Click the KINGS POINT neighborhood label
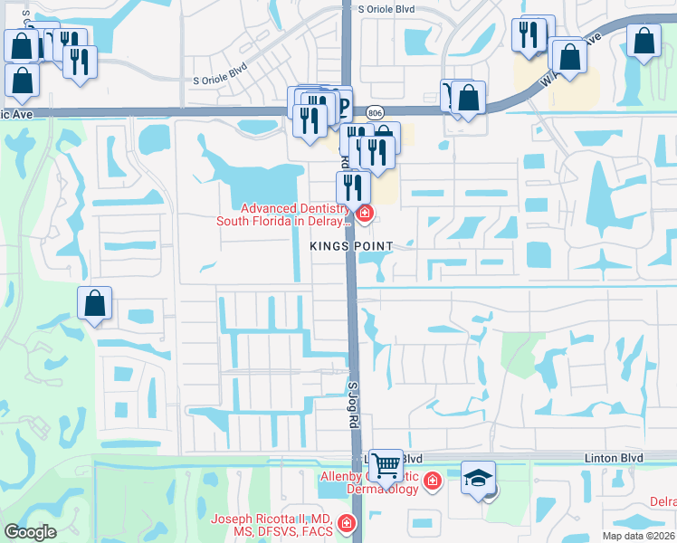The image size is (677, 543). pyautogui.click(x=352, y=246)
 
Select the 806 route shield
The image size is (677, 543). pyautogui.click(x=375, y=112)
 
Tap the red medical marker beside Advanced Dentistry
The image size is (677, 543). pyautogui.click(x=364, y=214)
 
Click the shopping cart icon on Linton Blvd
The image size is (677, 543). pyautogui.click(x=386, y=465)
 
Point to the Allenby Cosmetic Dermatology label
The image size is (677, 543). pyautogui.click(x=369, y=482)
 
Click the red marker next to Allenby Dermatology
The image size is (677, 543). pyautogui.click(x=432, y=480)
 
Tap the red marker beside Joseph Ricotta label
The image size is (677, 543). pyautogui.click(x=345, y=523)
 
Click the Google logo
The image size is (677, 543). pyautogui.click(x=30, y=531)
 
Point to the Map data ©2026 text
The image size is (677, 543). pyautogui.click(x=638, y=536)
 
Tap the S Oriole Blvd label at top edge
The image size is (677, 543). pyautogui.click(x=386, y=8)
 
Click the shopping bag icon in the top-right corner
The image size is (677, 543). pyautogui.click(x=644, y=41)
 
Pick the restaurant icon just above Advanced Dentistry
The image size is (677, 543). pyautogui.click(x=352, y=186)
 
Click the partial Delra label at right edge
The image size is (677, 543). pyautogui.click(x=663, y=501)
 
